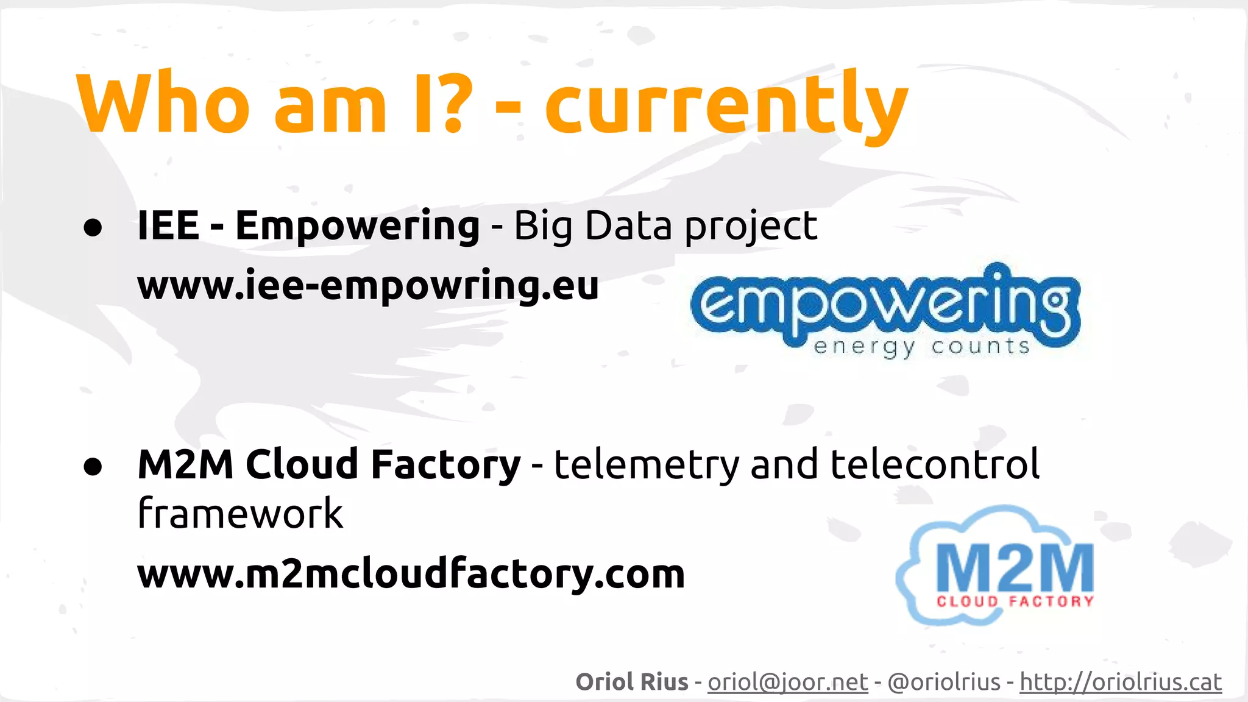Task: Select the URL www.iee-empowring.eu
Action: point(368,285)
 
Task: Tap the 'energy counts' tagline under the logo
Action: point(921,347)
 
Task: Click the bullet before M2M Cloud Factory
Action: point(93,466)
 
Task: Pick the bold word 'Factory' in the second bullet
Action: point(445,464)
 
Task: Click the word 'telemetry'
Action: point(646,464)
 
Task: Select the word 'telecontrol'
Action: point(935,464)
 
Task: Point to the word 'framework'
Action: point(240,513)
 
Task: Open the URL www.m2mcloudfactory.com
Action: point(411,574)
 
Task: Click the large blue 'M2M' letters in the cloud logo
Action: point(1015,567)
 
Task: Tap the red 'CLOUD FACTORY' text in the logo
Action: point(1015,601)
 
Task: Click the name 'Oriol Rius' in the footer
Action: point(632,682)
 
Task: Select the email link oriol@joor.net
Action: point(787,682)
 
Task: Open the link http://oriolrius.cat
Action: point(1121,682)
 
